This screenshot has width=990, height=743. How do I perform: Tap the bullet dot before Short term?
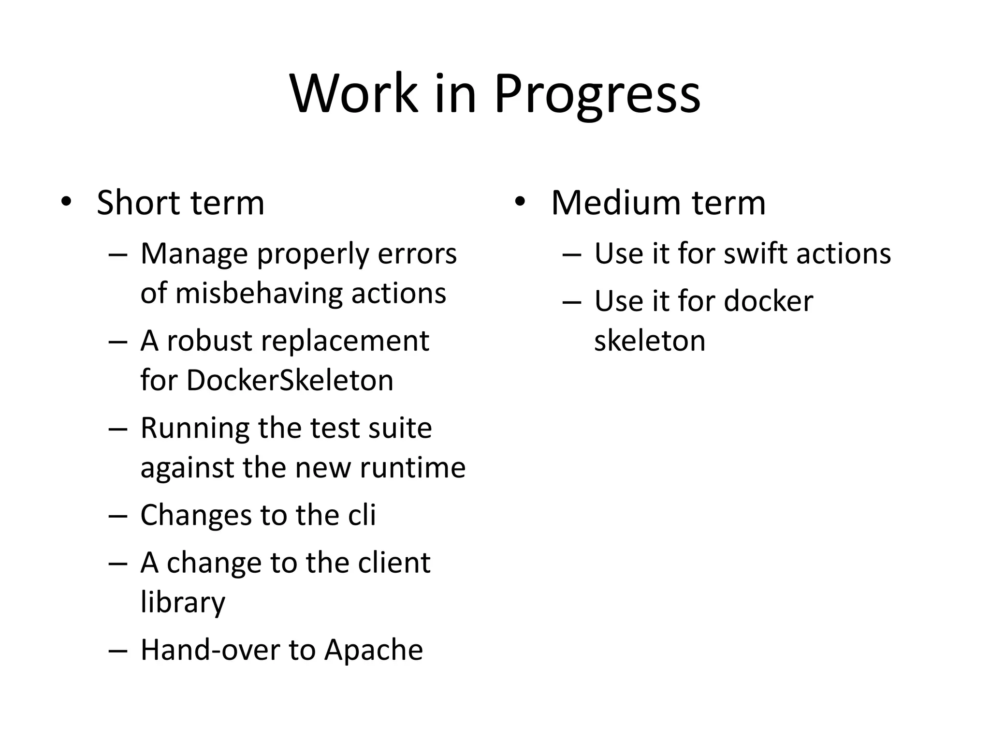tap(66, 201)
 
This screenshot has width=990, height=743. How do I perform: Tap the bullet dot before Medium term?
tap(520, 201)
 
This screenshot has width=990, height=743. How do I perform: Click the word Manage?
tap(194, 254)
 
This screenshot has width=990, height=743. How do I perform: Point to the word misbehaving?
tap(259, 293)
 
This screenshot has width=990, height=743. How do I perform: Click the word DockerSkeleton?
tap(290, 380)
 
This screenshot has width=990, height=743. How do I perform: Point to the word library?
tap(183, 603)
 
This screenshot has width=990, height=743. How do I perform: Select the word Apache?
tap(373, 650)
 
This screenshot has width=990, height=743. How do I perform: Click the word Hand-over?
tap(210, 650)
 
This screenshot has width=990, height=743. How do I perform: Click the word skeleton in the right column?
tap(649, 341)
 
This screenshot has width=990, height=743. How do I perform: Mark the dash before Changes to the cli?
tap(117, 516)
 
